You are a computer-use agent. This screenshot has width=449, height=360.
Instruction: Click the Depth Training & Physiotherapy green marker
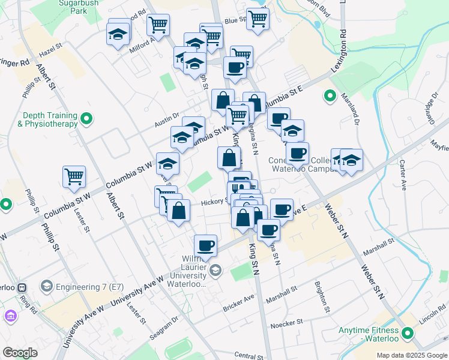(x=87, y=119)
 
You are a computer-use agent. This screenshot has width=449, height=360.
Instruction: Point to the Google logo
(x=20, y=353)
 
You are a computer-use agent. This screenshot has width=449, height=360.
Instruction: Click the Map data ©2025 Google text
(x=412, y=355)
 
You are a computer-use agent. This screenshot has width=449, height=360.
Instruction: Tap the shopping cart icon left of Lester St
(x=74, y=177)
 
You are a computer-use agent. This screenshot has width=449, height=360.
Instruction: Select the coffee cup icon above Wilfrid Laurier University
(x=206, y=245)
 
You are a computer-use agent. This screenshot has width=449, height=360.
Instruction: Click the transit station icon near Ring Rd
(x=22, y=288)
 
